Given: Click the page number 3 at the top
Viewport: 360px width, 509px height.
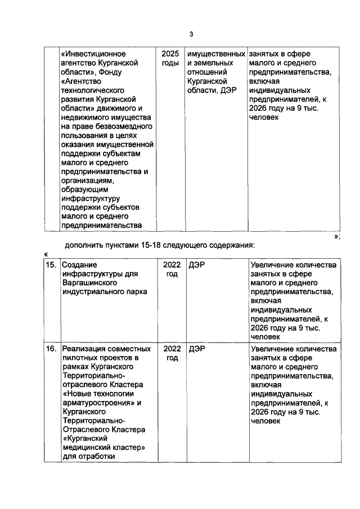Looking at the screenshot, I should point(191,34).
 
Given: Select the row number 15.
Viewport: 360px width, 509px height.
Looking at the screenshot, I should point(51,265).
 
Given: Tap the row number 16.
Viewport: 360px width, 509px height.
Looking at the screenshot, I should point(51,349).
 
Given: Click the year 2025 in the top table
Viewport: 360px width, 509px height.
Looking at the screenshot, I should point(169,54).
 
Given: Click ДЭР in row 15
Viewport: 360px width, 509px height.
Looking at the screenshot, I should point(197,265).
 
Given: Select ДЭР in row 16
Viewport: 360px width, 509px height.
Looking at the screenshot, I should point(197,349).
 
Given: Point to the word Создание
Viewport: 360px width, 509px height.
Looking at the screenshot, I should point(79,265).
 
